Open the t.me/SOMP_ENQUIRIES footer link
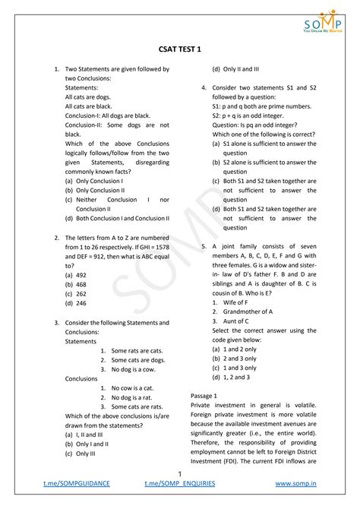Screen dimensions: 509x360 click(180, 483)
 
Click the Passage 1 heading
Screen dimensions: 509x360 click(204, 397)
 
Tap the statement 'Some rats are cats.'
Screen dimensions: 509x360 click(137, 350)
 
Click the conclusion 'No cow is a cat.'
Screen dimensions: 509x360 click(132, 387)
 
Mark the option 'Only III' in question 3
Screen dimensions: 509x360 click(80, 454)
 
